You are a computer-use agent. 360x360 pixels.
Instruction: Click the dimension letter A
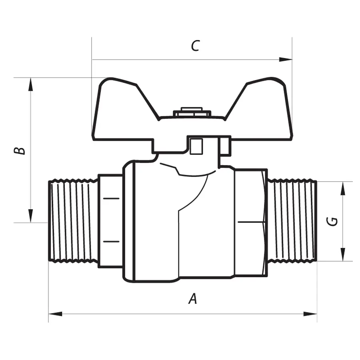[193, 298]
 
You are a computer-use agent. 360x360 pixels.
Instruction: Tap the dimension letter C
[194, 46]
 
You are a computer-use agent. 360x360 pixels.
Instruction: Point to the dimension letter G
[333, 221]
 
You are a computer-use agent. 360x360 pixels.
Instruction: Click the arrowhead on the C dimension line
[286, 60]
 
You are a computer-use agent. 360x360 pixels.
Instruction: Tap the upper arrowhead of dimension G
[343, 188]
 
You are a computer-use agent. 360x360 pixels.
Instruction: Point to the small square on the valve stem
[196, 146]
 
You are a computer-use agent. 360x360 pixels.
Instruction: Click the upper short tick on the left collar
[112, 198]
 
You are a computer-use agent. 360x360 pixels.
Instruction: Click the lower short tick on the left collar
[112, 241]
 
